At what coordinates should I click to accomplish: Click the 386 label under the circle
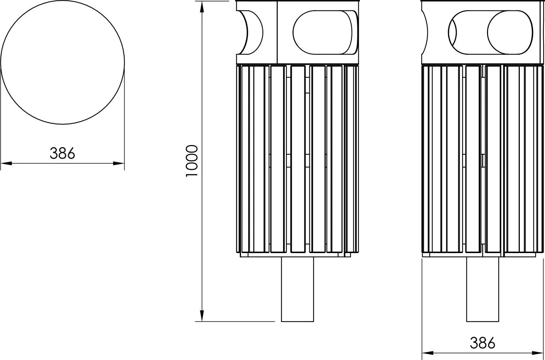62,153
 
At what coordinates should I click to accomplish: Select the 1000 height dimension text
192,161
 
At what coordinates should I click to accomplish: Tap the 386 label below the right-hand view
482,343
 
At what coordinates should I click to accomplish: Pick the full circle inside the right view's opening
509,32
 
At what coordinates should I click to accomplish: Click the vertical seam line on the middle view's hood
277,32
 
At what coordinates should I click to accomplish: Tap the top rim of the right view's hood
482,1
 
